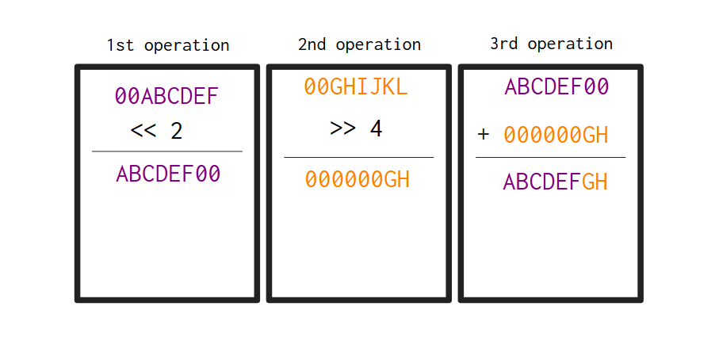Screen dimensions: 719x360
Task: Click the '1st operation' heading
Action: [168, 45]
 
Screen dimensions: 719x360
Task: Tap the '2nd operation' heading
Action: [360, 44]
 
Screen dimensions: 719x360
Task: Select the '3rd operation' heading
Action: [551, 44]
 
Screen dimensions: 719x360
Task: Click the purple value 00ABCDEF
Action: [166, 96]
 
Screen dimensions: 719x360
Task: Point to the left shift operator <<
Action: [143, 131]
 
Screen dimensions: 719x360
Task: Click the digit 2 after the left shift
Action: [177, 131]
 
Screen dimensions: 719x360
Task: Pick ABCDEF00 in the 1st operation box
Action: [168, 174]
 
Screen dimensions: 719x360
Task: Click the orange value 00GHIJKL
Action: [356, 86]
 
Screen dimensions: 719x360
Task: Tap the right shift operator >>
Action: [342, 128]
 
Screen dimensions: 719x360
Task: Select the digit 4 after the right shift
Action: [376, 128]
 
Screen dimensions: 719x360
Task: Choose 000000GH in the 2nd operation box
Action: [358, 179]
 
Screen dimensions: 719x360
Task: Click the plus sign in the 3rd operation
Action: [484, 134]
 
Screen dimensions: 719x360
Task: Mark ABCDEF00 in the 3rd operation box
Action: [556, 86]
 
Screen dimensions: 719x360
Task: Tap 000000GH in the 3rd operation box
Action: [556, 136]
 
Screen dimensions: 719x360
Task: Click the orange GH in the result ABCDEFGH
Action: [595, 182]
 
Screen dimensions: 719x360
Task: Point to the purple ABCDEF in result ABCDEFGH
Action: [542, 182]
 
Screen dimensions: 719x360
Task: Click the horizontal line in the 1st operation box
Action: [167, 151]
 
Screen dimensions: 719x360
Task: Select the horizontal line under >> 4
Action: [358, 157]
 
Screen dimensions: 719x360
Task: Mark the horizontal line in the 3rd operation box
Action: [550, 157]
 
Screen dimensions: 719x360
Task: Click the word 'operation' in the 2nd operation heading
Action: [379, 45]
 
